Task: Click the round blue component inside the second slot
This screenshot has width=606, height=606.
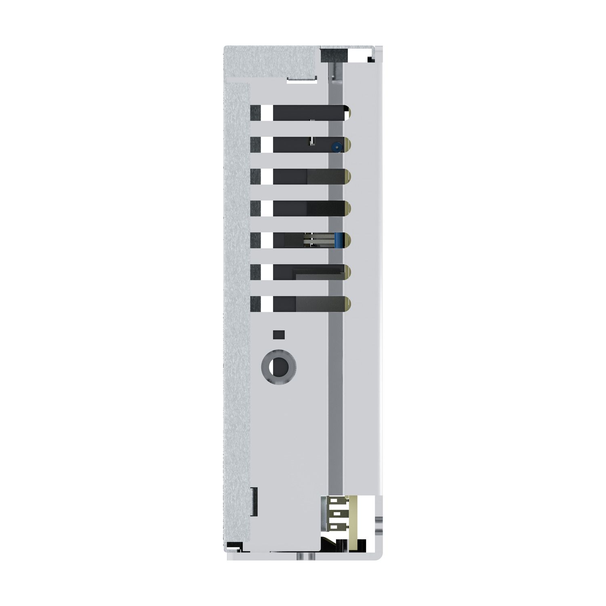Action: (x=335, y=148)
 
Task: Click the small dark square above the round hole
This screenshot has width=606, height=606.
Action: (x=279, y=335)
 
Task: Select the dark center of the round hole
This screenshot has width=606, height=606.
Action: (x=279, y=367)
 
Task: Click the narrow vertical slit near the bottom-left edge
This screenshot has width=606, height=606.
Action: (x=255, y=501)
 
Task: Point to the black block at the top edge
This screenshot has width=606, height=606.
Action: (x=334, y=55)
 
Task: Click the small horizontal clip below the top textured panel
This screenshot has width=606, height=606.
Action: (x=301, y=79)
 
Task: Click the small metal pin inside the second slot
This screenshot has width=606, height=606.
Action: (x=311, y=141)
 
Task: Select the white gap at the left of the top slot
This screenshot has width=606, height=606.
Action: (x=267, y=113)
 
